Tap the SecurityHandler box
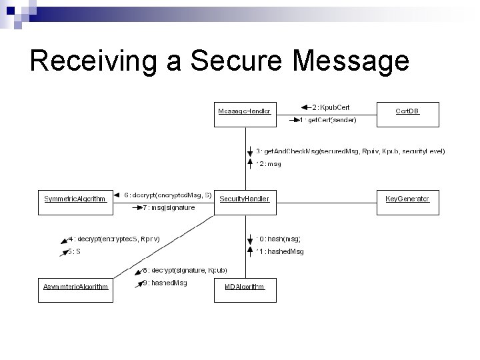point(245,199)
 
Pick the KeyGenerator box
point(408,199)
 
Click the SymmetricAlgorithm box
point(75,199)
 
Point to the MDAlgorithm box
point(245,287)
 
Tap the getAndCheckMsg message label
point(351,151)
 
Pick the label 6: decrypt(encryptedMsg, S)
point(168,195)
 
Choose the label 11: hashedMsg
point(280,251)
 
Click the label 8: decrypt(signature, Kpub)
point(185,270)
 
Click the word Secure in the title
point(239,61)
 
